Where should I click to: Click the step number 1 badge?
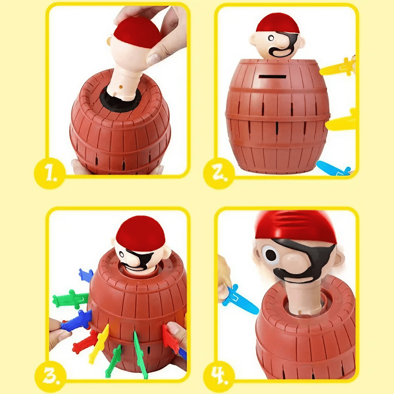pyautogui.click(x=50, y=173)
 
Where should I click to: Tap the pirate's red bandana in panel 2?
pyautogui.click(x=277, y=23)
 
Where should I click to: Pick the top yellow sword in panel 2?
pyautogui.click(x=337, y=67)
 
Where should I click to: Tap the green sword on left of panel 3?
pyautogui.click(x=69, y=299)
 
